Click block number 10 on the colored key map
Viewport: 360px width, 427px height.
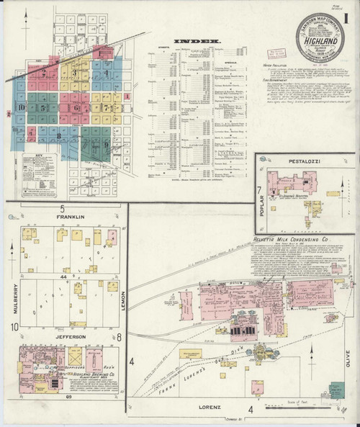click(22, 108)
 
